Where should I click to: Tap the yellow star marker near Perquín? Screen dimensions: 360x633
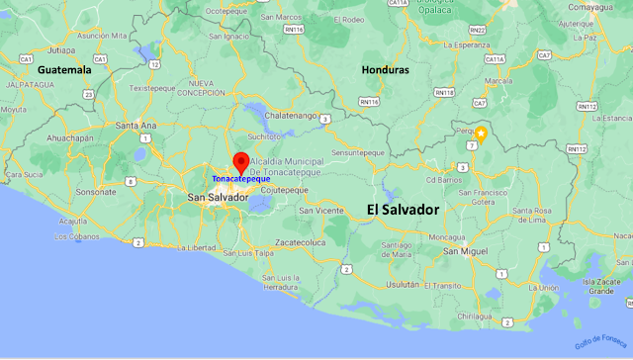click(x=481, y=134)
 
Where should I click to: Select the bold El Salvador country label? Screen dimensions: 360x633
click(x=403, y=210)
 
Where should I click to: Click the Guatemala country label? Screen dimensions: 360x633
click(x=64, y=70)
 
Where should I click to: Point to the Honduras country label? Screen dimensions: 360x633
click(x=386, y=70)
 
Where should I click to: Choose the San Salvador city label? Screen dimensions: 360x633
click(x=218, y=198)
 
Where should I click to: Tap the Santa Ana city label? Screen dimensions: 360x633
click(x=136, y=126)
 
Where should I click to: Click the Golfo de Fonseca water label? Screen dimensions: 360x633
click(x=602, y=331)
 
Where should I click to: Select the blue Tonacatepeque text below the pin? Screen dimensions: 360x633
click(x=240, y=179)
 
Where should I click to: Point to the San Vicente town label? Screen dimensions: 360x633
click(x=321, y=210)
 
